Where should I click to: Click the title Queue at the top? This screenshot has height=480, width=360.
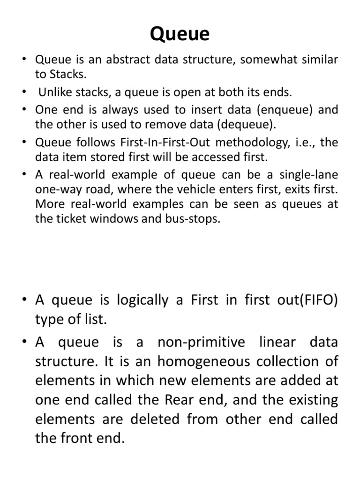(180, 35)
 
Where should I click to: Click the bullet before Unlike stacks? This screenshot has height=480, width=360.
(24, 92)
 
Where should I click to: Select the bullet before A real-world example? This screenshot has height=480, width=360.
(24, 175)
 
